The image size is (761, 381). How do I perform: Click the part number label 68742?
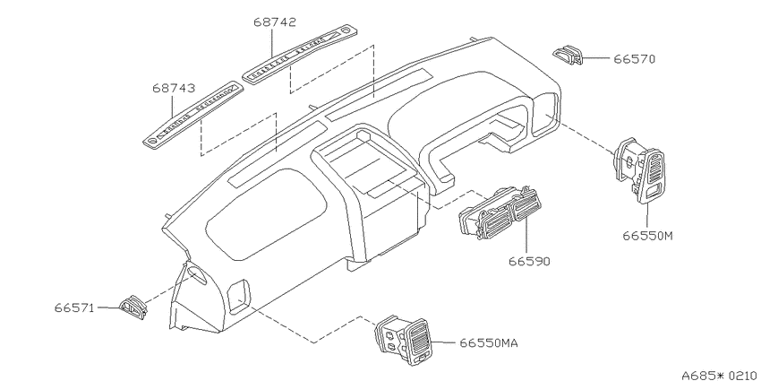(x=275, y=22)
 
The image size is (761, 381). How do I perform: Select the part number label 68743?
(x=174, y=89)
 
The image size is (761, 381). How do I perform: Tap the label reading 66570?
(x=635, y=59)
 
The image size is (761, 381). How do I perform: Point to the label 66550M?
(x=648, y=236)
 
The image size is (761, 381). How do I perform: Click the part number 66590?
(x=529, y=262)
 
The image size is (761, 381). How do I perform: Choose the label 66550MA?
(x=489, y=343)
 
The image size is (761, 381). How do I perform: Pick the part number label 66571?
(x=74, y=308)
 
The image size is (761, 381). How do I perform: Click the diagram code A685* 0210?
(x=721, y=375)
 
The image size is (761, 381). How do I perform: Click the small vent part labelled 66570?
(x=568, y=55)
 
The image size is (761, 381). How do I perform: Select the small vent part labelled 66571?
(x=133, y=307)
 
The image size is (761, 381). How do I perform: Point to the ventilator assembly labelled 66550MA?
(x=402, y=339)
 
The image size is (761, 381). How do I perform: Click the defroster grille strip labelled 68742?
(x=303, y=54)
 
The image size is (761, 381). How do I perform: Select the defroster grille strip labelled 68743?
(x=192, y=114)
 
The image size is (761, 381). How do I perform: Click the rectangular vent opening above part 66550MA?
(x=239, y=296)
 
